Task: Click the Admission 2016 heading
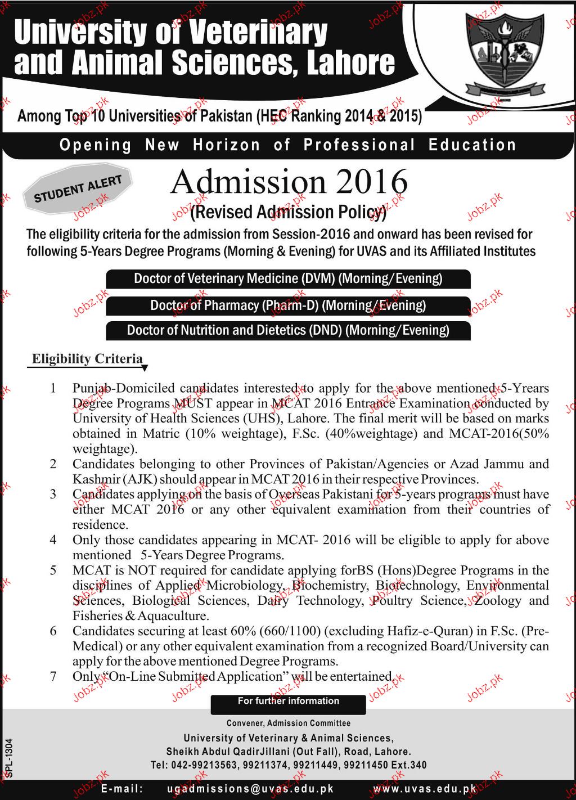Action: click(x=289, y=182)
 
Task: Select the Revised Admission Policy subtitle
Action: click(x=289, y=212)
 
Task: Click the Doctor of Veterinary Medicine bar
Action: click(x=288, y=278)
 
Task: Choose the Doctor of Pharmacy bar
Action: click(x=288, y=305)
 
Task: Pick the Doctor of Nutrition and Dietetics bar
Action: click(x=288, y=330)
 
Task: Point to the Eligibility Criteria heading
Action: click(x=87, y=359)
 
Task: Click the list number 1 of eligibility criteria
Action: click(x=53, y=388)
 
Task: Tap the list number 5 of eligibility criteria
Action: click(x=53, y=570)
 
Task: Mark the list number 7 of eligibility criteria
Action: click(x=53, y=677)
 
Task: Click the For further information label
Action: click(x=288, y=701)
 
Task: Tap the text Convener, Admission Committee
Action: click(x=289, y=723)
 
